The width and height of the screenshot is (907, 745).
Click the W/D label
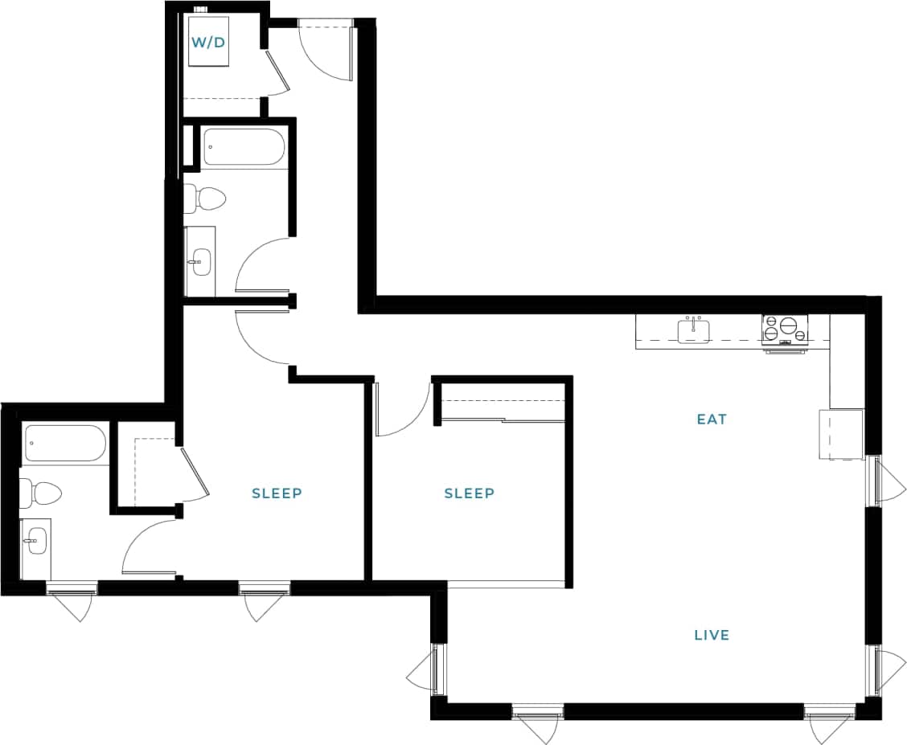208,42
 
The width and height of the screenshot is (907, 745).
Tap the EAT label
712,419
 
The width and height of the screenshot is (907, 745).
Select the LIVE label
712,635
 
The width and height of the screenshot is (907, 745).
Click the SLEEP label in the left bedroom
277,493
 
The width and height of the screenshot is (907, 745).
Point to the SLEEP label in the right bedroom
469,493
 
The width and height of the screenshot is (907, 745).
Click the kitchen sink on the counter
693,330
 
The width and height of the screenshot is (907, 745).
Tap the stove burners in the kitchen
784,329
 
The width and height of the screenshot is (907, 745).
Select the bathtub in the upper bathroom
243,147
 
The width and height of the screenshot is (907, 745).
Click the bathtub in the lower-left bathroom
65,443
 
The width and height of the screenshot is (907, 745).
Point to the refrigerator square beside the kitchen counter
840,434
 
